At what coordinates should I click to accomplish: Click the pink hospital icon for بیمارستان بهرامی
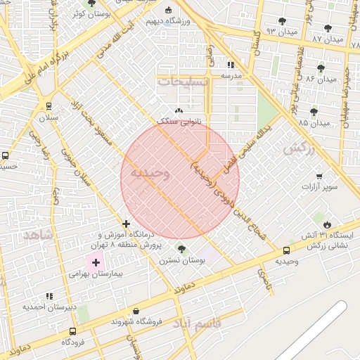click(x=94, y=262)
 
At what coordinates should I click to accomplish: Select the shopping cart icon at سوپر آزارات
click(x=320, y=176)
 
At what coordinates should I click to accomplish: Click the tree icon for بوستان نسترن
click(x=181, y=248)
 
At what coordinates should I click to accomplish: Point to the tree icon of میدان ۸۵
click(x=314, y=112)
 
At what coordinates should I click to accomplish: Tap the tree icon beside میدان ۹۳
click(x=282, y=22)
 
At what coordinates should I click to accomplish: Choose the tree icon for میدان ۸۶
click(x=321, y=68)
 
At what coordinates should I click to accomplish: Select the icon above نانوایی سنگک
click(x=179, y=111)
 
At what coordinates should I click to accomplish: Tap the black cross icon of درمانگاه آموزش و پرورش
click(x=126, y=224)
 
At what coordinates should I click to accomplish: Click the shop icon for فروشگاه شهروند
click(x=136, y=311)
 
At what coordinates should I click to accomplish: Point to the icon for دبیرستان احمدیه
click(x=49, y=297)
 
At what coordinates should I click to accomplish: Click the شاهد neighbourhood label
click(x=37, y=234)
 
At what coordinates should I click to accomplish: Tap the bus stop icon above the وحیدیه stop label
click(x=286, y=250)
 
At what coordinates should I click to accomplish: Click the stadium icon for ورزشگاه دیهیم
click(x=168, y=10)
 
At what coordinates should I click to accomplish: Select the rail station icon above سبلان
click(x=49, y=107)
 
